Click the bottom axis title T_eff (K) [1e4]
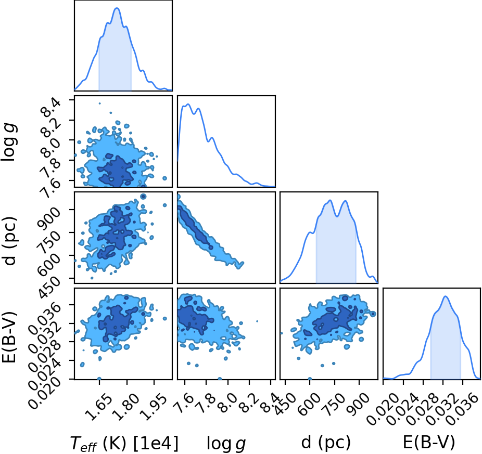pyautogui.click(x=124, y=443)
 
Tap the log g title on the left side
pyautogui.click(x=9, y=141)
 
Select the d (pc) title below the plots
pyautogui.click(x=326, y=443)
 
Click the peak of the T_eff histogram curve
pyautogui.click(x=117, y=8)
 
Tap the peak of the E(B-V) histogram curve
pyautogui.click(x=446, y=296)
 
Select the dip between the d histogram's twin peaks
pyautogui.click(x=337, y=216)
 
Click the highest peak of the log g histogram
pyautogui.click(x=188, y=104)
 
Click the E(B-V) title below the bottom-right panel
pyautogui.click(x=428, y=443)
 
